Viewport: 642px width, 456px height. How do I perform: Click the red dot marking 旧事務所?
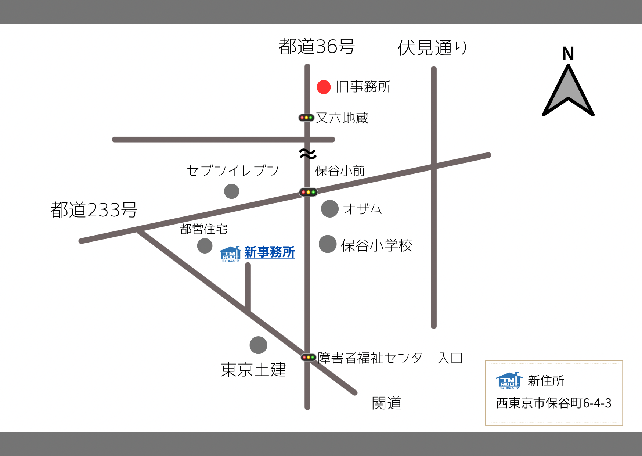324,87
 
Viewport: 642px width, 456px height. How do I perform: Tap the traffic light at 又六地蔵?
306,118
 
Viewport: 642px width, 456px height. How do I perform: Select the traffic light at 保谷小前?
308,192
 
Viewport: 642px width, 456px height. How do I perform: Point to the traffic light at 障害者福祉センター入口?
309,357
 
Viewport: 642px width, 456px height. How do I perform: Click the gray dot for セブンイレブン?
232,191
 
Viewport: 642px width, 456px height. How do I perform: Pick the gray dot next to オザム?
329,209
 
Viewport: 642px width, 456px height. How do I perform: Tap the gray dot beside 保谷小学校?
328,244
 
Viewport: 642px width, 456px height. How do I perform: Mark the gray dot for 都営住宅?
205,246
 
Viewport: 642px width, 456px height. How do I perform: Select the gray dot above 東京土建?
258,345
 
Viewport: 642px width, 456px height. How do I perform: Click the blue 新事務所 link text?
270,252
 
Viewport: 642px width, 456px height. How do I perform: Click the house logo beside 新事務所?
230,254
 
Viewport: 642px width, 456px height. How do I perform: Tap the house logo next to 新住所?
509,380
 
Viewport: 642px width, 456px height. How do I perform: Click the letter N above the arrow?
568,54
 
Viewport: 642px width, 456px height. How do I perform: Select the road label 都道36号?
317,47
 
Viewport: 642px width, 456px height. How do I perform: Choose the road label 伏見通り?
432,48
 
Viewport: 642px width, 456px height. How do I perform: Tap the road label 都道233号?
94,210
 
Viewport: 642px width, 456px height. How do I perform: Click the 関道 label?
386,403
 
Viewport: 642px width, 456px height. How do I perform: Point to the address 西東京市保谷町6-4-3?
553,403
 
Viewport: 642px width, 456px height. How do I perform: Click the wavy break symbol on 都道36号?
308,154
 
